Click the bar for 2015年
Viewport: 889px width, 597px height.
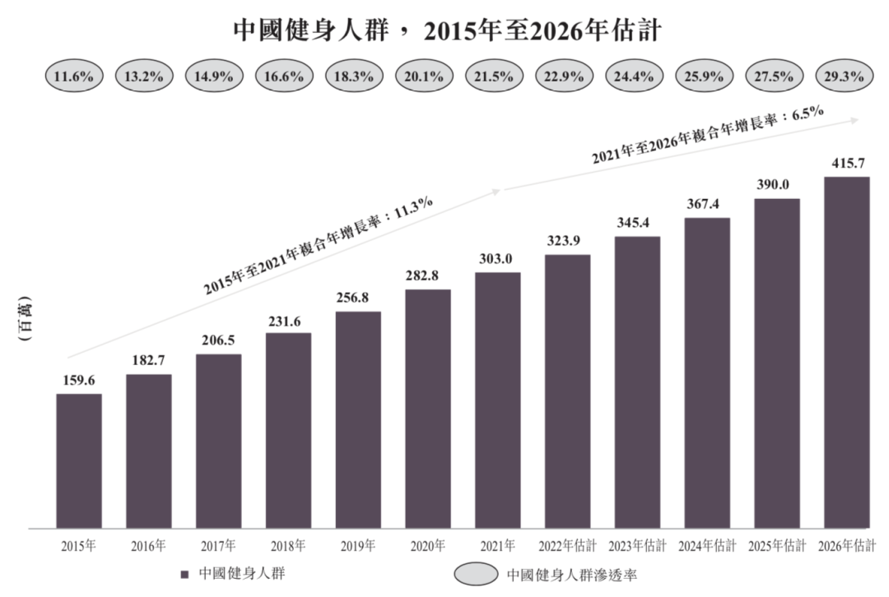pos(79,460)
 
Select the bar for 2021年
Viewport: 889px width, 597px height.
pos(498,400)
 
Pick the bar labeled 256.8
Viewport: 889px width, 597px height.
pos(358,419)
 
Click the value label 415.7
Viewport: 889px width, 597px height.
pos(847,164)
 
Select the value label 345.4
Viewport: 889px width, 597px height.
pos(637,224)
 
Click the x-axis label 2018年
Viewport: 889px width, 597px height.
pos(288,545)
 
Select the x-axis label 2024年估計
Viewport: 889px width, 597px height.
pos(707,545)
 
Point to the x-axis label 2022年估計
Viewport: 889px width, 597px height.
pos(567,545)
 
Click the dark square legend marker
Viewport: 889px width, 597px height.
pos(185,573)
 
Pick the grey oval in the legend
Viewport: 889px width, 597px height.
pos(476,573)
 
